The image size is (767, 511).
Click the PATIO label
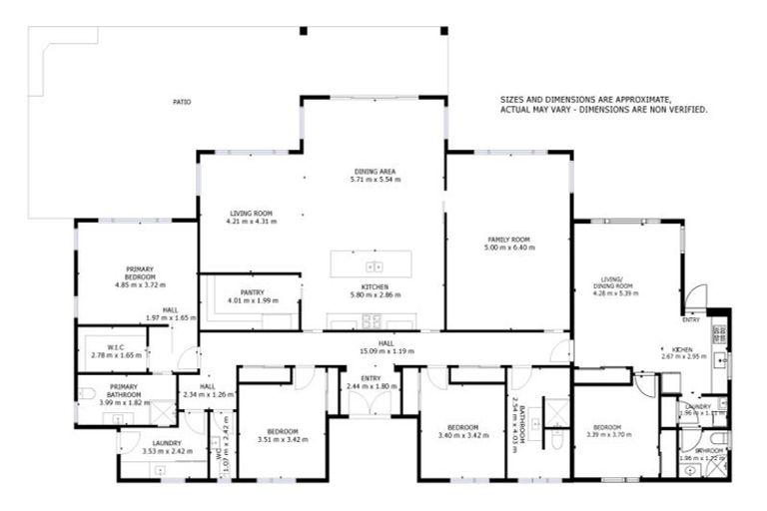coord(181,102)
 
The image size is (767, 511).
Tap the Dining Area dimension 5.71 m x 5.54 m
coord(376,180)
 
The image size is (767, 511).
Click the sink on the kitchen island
coord(375,266)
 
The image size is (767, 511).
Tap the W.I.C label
coord(115,347)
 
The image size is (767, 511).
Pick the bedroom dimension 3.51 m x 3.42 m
coord(278,439)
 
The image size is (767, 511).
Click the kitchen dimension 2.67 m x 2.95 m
coord(683,356)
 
